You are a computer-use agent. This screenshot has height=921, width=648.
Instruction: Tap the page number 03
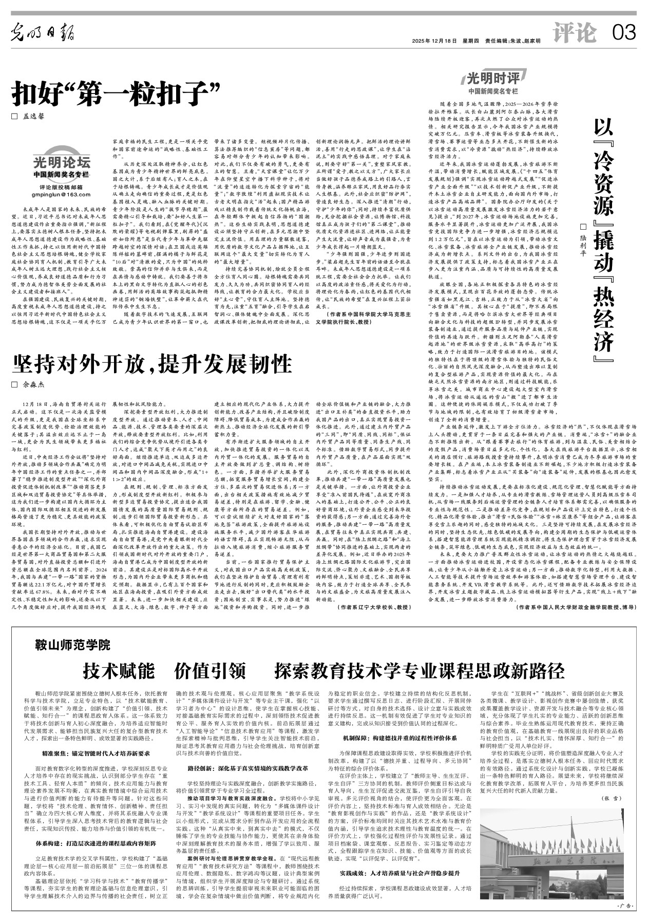pyautogui.click(x=623, y=33)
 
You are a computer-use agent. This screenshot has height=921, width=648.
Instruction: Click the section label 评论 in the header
pyautogui.click(x=575, y=33)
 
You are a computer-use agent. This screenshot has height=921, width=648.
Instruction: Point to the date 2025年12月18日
pyautogui.click(x=434, y=41)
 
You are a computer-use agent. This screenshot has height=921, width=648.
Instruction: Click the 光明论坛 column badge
pyautogui.click(x=62, y=163)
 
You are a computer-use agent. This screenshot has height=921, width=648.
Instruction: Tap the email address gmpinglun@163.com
pyautogui.click(x=61, y=195)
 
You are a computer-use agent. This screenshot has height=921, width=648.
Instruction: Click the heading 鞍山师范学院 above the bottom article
pyautogui.click(x=72, y=644)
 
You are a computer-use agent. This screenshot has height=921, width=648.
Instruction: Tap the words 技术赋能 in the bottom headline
pyautogui.click(x=119, y=670)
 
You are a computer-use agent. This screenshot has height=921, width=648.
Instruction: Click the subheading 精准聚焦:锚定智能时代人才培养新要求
pyautogui.click(x=96, y=753)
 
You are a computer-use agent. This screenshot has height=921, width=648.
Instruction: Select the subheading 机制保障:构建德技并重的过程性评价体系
pyautogui.click(x=399, y=738)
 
